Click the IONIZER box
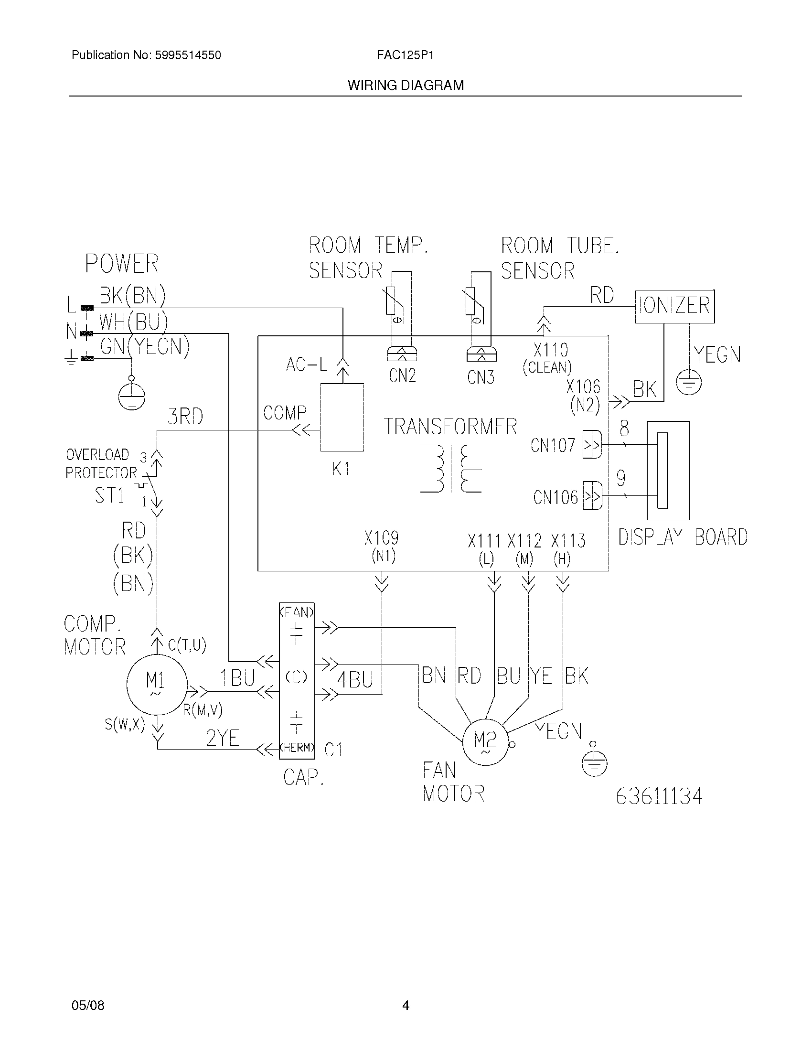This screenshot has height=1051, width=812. [674, 306]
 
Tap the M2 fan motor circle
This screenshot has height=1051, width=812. [485, 741]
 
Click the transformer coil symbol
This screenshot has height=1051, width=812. [451, 468]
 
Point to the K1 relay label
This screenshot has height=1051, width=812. [341, 469]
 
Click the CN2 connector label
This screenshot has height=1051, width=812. [402, 375]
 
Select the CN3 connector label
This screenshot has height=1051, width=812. [481, 377]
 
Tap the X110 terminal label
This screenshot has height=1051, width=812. [550, 350]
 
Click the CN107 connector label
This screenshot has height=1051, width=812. [552, 445]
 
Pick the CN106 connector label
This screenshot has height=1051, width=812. [555, 497]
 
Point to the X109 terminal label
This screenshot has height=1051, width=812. [381, 538]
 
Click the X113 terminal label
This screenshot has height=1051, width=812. [567, 541]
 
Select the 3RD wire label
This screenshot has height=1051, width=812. [185, 417]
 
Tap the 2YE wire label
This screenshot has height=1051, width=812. [222, 738]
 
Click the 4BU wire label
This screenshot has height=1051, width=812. [355, 680]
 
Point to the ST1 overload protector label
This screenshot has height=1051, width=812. [109, 495]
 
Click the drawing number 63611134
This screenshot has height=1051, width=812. [659, 796]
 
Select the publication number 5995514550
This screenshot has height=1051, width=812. [188, 55]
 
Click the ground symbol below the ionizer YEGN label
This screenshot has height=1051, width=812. [688, 383]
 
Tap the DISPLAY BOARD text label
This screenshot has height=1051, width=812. [682, 537]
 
